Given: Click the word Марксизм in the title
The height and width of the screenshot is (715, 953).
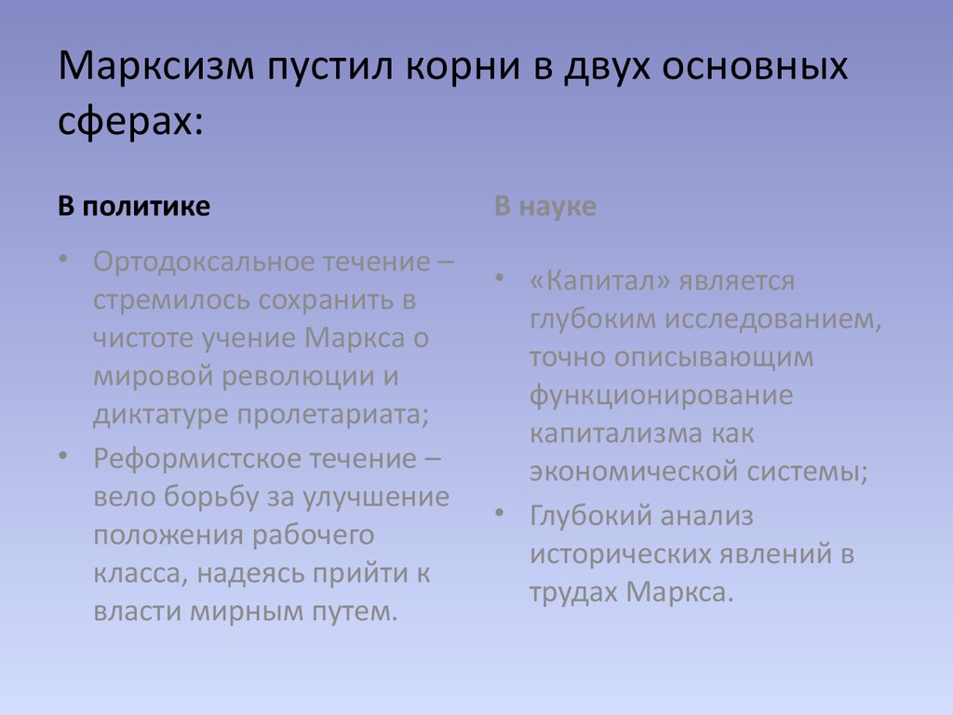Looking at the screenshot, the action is tap(156, 66).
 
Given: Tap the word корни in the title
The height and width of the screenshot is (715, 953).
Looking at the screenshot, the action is tap(463, 66).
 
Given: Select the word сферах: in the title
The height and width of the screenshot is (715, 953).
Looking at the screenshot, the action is tap(130, 120).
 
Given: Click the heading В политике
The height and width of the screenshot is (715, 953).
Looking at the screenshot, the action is tap(134, 207).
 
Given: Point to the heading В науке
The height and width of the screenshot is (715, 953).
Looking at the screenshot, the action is tap(545, 207).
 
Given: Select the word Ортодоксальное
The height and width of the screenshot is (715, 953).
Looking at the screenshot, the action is tap(201, 263).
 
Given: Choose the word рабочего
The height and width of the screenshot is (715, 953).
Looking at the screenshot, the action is tap(313, 536).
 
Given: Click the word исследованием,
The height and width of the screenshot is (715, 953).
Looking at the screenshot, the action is tap(772, 320).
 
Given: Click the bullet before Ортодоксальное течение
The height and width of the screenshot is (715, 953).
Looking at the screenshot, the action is tap(63, 260).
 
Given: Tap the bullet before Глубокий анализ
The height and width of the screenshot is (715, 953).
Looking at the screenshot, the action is tap(500, 514).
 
